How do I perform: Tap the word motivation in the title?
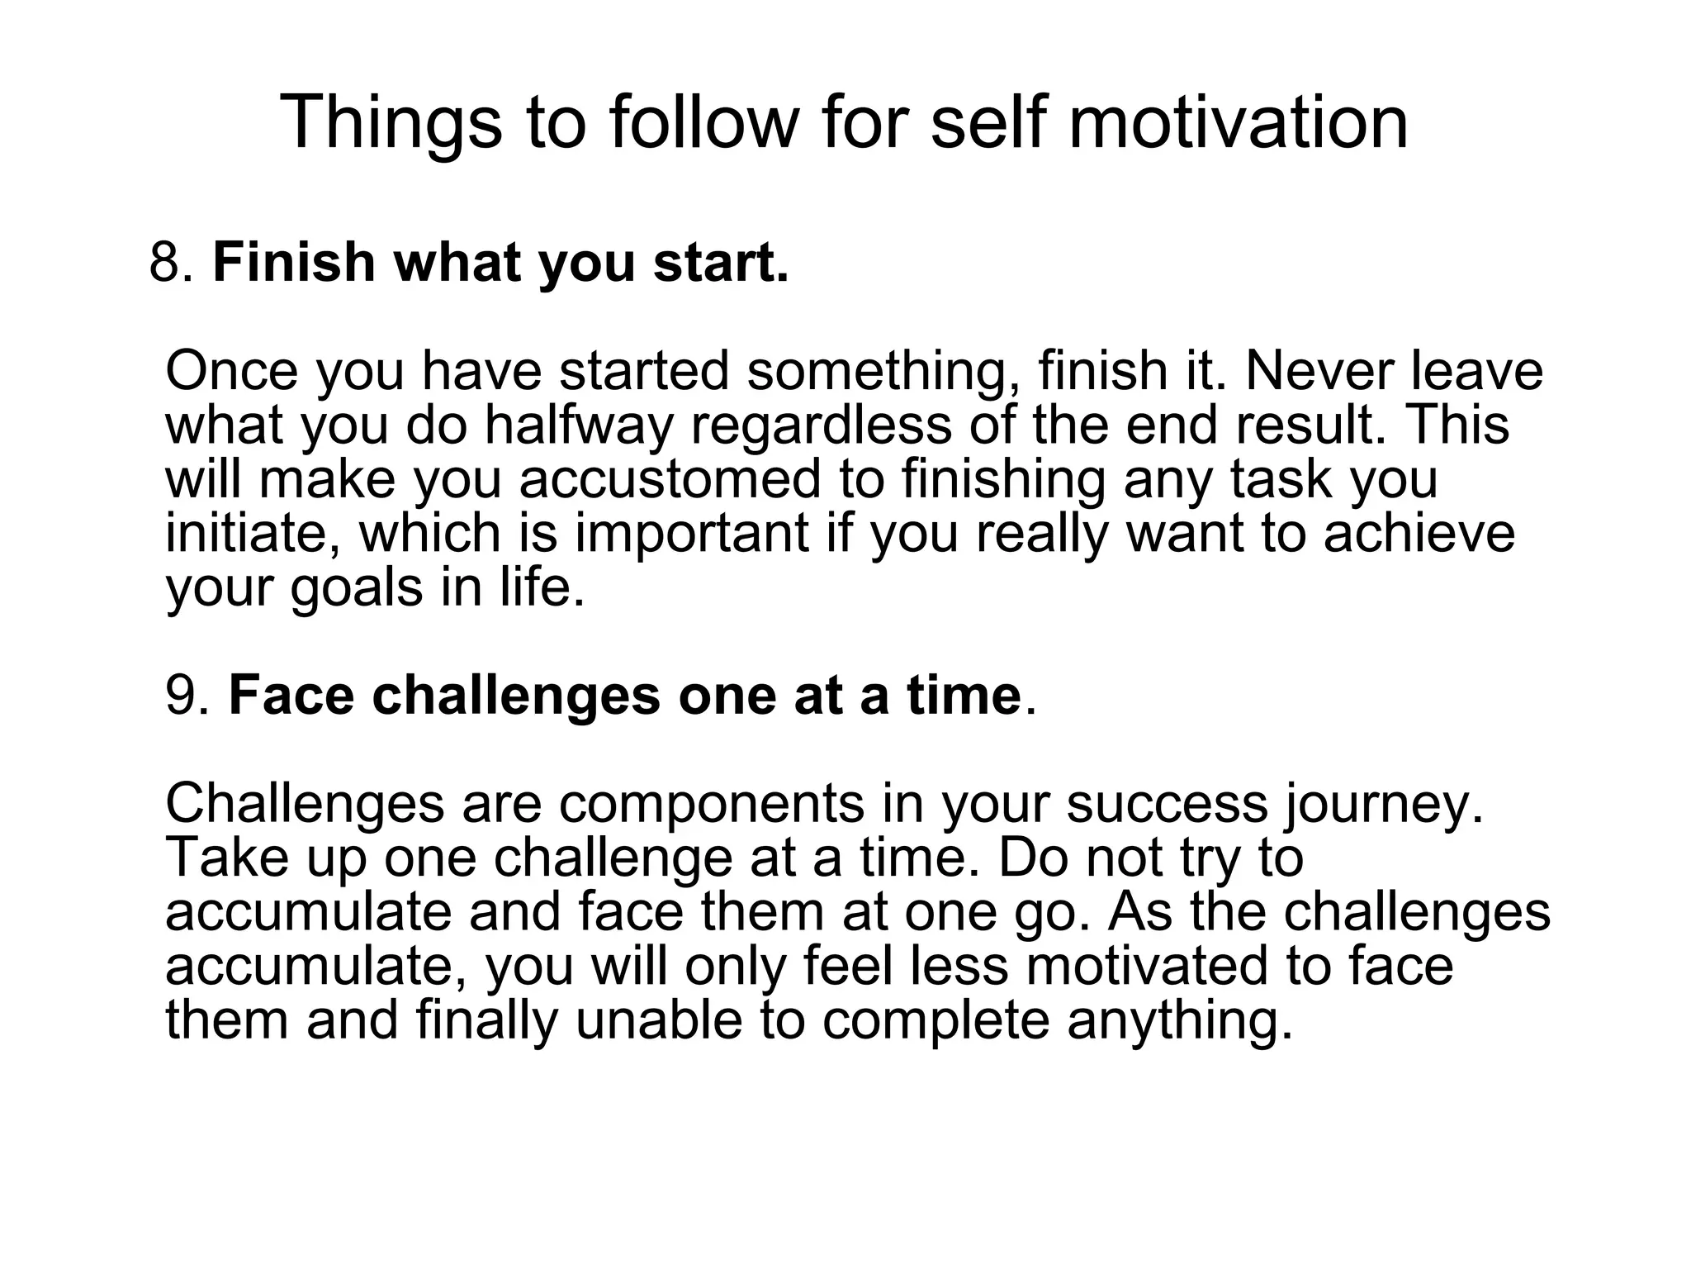pos(1239,122)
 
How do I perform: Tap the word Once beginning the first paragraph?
pos(231,371)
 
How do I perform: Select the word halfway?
pos(577,425)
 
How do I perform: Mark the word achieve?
pos(1419,533)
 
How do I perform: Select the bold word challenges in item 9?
pos(516,695)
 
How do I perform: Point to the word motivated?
pos(1147,966)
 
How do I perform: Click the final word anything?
pos(1180,1020)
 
